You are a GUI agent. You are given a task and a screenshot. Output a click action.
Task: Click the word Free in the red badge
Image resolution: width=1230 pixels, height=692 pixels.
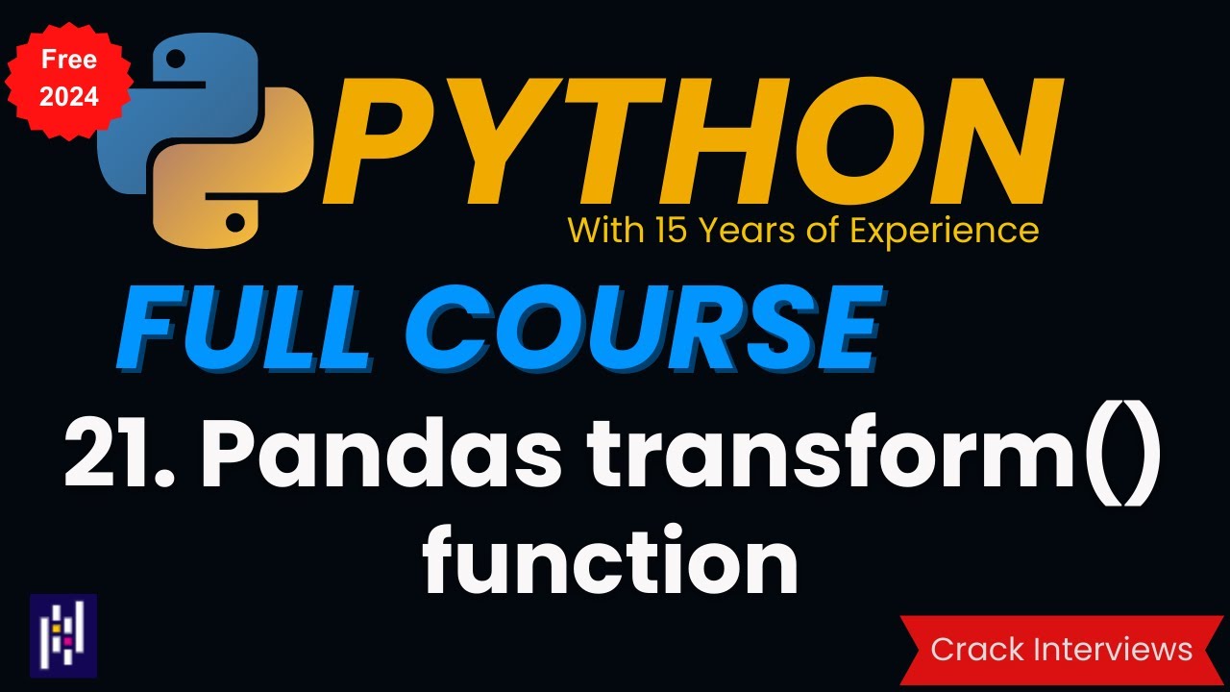pyautogui.click(x=68, y=60)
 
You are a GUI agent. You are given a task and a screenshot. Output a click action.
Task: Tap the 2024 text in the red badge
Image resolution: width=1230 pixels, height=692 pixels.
pyautogui.click(x=68, y=96)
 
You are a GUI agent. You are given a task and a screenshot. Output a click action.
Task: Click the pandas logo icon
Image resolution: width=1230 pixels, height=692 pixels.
pyautogui.click(x=63, y=635)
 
